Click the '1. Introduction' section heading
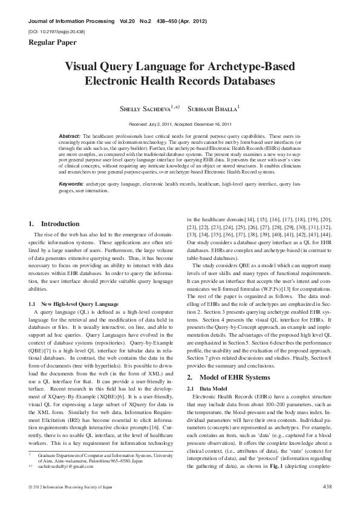54,224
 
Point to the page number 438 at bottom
327,487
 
